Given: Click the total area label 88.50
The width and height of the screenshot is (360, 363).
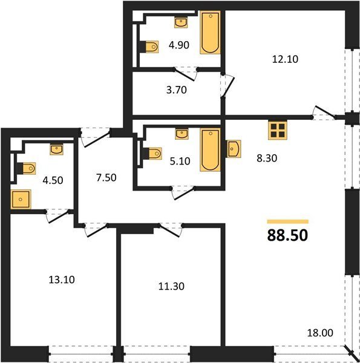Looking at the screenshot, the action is (x=287, y=235).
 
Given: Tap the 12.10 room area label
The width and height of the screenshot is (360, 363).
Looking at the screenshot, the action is (x=285, y=59).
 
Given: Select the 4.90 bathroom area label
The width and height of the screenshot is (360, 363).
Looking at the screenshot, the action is (x=179, y=45).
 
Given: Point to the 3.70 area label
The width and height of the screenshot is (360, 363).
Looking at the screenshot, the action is (x=177, y=90).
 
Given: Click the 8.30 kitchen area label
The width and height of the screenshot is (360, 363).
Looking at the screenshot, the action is (x=267, y=159).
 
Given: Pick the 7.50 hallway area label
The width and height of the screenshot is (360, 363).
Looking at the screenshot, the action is (x=106, y=178).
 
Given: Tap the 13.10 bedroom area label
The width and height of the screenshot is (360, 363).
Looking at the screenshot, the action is (x=62, y=280).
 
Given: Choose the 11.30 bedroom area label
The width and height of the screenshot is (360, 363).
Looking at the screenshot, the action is (x=171, y=286).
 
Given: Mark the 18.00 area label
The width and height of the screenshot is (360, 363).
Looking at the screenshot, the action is (x=320, y=333).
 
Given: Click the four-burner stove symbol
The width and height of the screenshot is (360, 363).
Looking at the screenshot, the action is (x=278, y=130).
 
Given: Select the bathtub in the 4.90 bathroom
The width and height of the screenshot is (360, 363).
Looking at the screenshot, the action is (x=210, y=33).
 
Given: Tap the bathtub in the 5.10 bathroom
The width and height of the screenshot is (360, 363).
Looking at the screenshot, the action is (x=210, y=150).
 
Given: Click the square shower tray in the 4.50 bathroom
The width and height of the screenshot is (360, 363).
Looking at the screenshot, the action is (x=21, y=199).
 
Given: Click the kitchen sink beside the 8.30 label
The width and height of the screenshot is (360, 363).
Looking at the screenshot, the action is (x=234, y=149).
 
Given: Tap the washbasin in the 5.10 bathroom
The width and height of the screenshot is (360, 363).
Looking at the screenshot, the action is (x=182, y=134).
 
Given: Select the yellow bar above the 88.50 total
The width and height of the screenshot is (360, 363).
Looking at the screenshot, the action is (x=287, y=221).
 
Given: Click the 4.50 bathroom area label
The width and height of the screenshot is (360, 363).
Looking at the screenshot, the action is (x=53, y=180).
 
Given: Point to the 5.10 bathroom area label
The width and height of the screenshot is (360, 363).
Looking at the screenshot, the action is (x=180, y=161).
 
